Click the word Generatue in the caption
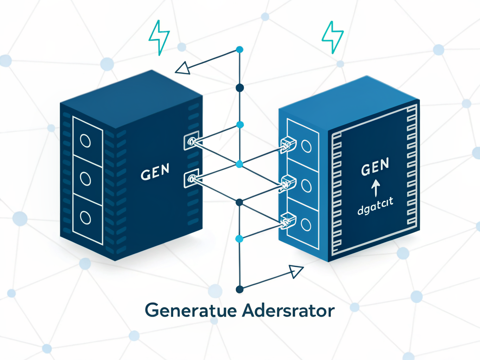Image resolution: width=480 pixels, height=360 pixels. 191,310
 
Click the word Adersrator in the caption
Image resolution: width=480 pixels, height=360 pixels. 288,310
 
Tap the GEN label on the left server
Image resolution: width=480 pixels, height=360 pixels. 155,172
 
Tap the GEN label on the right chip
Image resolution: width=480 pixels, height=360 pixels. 375,167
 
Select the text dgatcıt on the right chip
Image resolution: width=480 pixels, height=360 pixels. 375,206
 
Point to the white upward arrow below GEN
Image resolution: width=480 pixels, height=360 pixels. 376,188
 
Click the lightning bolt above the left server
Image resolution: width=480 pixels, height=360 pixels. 159,37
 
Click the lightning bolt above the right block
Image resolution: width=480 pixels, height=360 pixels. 333,37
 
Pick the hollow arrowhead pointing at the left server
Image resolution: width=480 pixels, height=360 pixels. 183,68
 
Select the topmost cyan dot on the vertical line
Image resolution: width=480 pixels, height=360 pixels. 240,50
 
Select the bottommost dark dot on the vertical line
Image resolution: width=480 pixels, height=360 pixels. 239,289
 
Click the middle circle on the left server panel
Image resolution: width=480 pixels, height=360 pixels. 85,179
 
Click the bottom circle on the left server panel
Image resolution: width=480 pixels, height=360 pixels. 85,218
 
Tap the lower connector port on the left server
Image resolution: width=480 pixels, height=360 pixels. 191,179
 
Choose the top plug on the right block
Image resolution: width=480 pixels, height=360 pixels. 288,144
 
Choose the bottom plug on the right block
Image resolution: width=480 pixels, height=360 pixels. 288,221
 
